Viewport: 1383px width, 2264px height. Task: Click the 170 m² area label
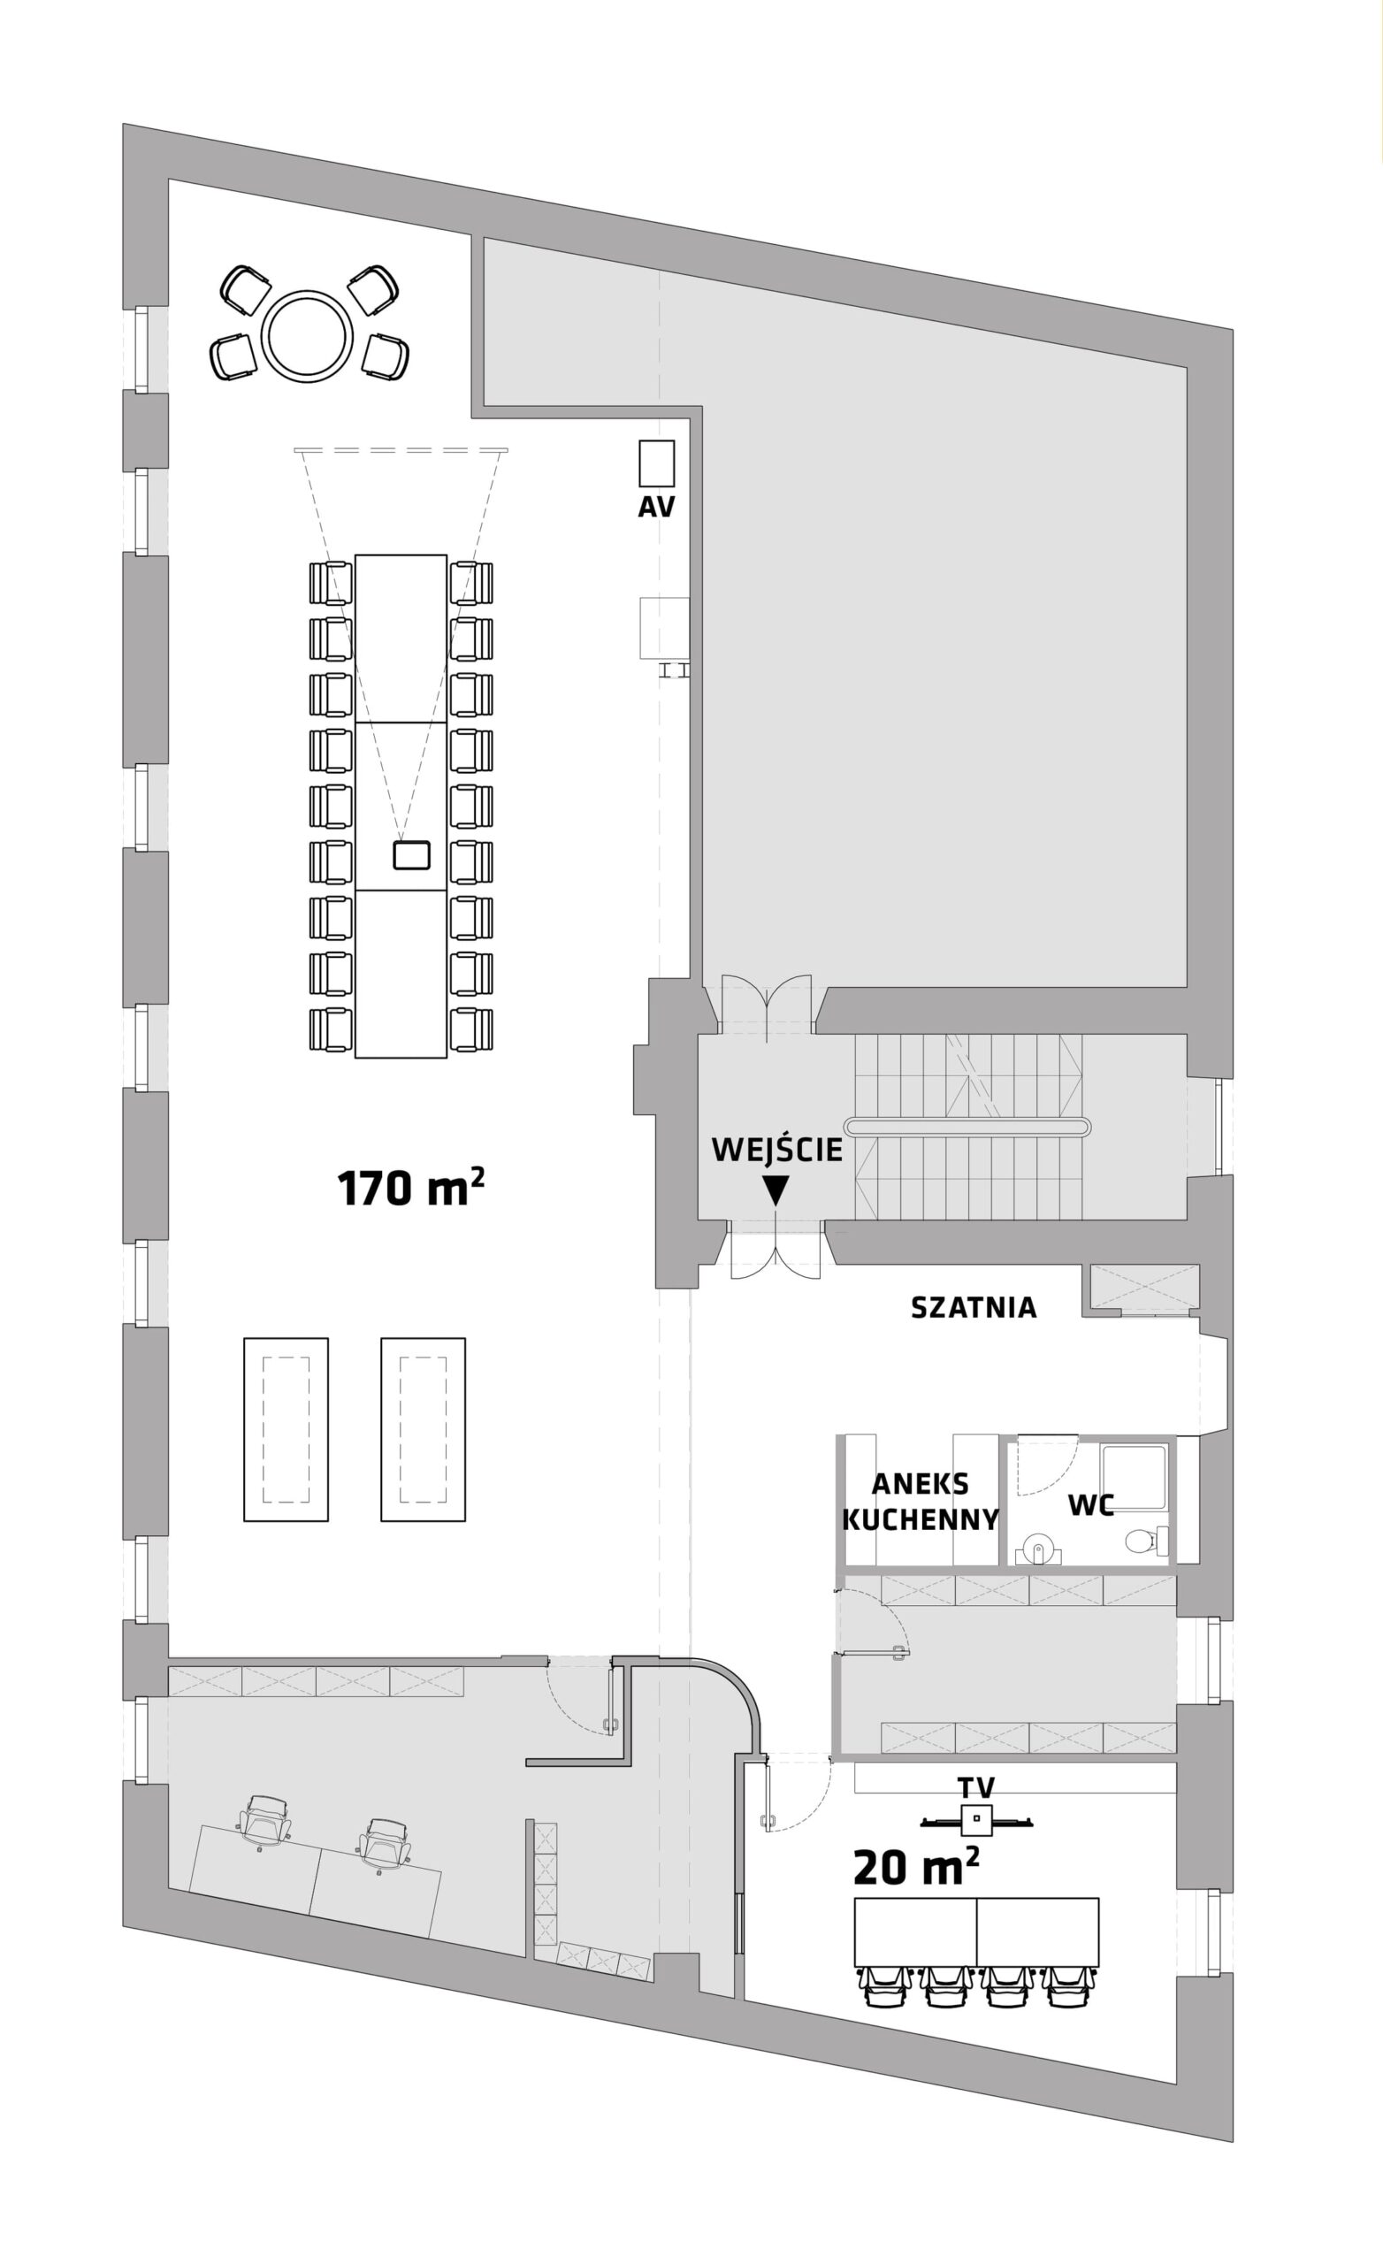coord(411,1188)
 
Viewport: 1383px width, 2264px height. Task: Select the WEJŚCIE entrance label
coord(777,1150)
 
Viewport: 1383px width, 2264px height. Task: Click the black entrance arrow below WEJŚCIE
coord(776,1190)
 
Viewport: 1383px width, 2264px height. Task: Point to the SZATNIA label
coord(974,1307)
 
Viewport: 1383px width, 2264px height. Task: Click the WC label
coord(1091,1505)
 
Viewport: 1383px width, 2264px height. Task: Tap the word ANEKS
coord(920,1484)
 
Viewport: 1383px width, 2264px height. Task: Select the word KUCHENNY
coord(921,1518)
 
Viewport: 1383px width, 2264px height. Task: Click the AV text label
coord(656,508)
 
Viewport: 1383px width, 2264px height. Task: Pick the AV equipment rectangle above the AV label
coord(657,463)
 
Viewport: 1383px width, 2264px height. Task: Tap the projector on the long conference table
coord(412,855)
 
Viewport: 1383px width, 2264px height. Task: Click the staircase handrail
coord(967,1126)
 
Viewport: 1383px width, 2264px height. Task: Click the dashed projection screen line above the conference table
coord(401,450)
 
